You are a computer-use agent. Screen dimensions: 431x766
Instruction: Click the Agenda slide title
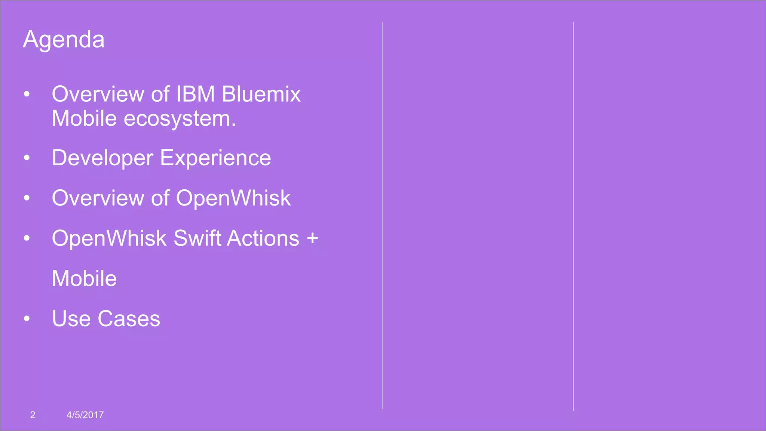(x=64, y=40)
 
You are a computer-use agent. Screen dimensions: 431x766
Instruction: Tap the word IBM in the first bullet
(x=195, y=94)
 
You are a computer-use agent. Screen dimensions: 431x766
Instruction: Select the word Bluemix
(x=261, y=94)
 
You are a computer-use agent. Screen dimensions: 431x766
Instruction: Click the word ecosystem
(x=180, y=119)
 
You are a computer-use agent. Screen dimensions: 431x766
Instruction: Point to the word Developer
(x=102, y=158)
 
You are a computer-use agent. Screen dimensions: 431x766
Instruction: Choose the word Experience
(x=215, y=158)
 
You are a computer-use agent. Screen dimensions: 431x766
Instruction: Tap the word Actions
(x=263, y=238)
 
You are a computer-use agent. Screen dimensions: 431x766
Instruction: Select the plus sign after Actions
(x=312, y=238)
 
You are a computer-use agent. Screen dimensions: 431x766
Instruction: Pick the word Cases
(x=129, y=319)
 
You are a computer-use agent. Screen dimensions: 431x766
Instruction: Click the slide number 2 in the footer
(x=33, y=415)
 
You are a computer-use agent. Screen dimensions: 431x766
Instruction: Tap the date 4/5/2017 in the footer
(x=85, y=415)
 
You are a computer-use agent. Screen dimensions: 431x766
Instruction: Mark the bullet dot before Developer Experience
(x=27, y=158)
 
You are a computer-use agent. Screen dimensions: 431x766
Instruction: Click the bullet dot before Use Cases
(x=27, y=319)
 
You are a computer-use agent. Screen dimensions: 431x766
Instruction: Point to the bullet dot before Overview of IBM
(x=27, y=94)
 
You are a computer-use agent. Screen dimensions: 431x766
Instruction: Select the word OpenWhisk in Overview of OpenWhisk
(x=233, y=198)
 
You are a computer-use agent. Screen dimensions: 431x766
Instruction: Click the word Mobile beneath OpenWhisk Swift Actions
(x=84, y=279)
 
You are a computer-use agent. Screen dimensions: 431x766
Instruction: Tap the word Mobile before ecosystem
(x=84, y=119)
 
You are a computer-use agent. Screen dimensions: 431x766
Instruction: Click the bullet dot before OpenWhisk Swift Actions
(x=27, y=238)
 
